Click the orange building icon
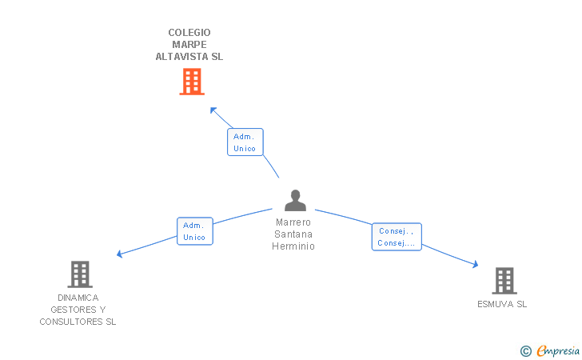pyautogui.click(x=192, y=82)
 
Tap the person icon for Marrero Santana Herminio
pyautogui.click(x=296, y=200)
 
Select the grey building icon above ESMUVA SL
pyautogui.click(x=504, y=281)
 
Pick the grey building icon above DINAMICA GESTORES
pyautogui.click(x=80, y=274)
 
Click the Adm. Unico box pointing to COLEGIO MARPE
pyautogui.click(x=245, y=142)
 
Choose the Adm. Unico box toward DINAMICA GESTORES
pyautogui.click(x=195, y=231)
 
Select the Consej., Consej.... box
pyautogui.click(x=397, y=237)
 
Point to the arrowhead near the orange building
pyautogui.click(x=213, y=110)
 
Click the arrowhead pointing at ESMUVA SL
pyautogui.click(x=476, y=265)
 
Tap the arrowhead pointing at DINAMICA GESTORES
pyautogui.click(x=119, y=254)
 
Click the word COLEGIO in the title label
pyautogui.click(x=189, y=33)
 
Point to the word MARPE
pyautogui.click(x=189, y=45)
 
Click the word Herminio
pyautogui.click(x=293, y=246)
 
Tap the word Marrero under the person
pyautogui.click(x=293, y=222)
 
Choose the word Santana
pyautogui.click(x=293, y=234)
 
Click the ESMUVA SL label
pyautogui.click(x=502, y=304)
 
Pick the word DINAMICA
pyautogui.click(x=78, y=298)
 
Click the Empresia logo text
pyautogui.click(x=558, y=350)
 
